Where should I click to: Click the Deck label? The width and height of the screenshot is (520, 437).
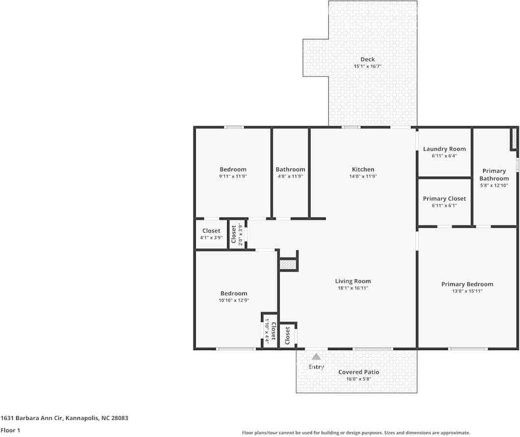coord(367,59)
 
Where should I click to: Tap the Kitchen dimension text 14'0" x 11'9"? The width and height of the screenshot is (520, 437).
coord(363,176)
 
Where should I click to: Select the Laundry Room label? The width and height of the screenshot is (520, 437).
coord(444,149)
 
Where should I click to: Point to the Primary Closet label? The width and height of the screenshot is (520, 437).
coord(444,198)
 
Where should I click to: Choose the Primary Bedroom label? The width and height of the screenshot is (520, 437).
coord(467,284)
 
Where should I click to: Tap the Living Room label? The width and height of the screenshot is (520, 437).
coord(353,281)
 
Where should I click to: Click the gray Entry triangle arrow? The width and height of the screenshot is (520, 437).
coord(316,357)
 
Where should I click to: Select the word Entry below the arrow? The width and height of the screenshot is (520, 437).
coord(316,367)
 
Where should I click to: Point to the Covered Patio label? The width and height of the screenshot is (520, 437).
coord(359,372)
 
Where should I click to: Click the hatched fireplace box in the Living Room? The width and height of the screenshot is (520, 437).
coord(287,264)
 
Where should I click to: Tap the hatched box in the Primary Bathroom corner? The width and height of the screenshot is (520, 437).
coord(514,138)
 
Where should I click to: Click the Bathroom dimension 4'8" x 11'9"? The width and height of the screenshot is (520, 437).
coord(290,176)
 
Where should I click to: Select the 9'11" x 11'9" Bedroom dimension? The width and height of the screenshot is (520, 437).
coord(233,176)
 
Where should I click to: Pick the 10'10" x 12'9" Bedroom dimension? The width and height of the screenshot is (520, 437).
coord(234,300)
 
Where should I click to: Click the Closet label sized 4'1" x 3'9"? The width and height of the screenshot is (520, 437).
coord(211,231)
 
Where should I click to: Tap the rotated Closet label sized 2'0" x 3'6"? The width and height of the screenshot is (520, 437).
coord(234,234)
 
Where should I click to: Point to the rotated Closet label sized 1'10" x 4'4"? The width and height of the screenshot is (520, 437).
coord(273,331)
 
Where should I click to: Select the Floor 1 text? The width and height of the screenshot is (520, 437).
coord(10,430)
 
